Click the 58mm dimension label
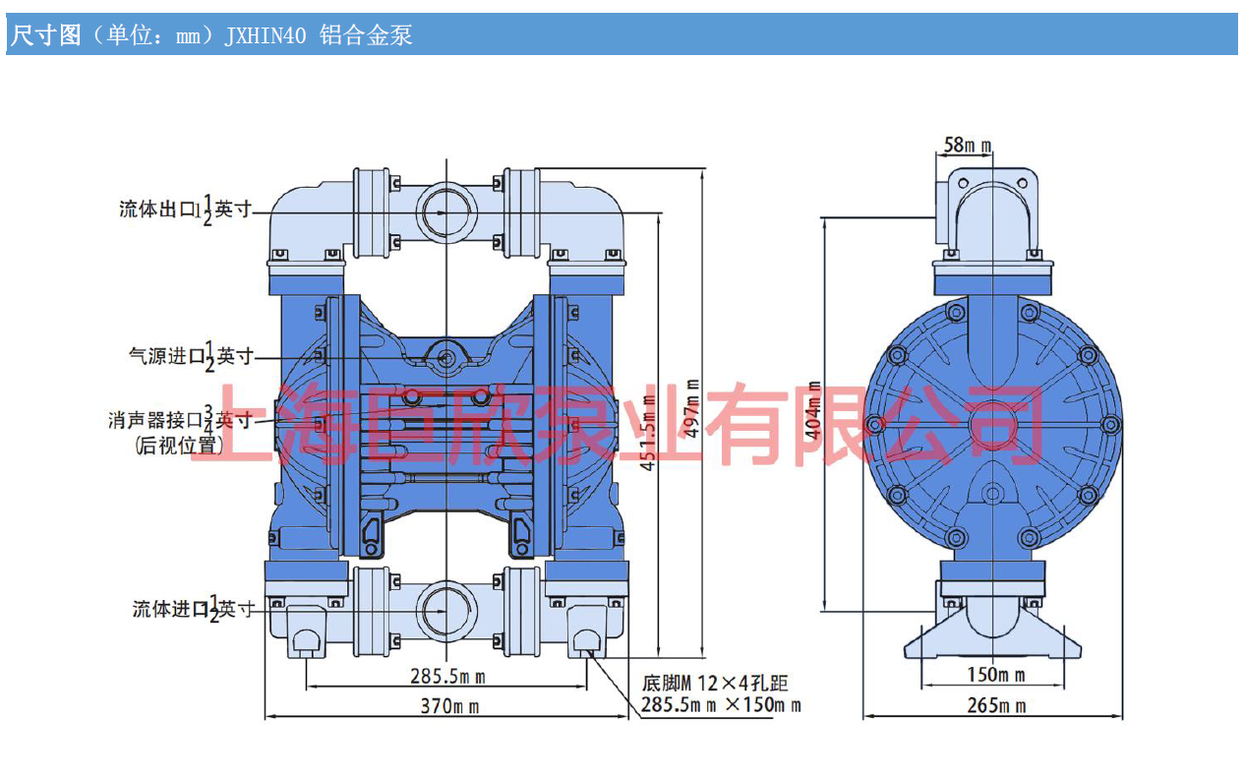coord(967,146)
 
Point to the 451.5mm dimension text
coord(649,433)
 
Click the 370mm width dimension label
coord(449,705)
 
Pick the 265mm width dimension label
coord(994,705)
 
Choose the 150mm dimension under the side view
coord(994,675)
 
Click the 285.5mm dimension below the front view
coord(447,677)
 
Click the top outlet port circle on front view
coord(446,210)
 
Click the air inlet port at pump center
coord(446,356)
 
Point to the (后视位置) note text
coord(178,445)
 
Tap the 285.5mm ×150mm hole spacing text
coord(720,705)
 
